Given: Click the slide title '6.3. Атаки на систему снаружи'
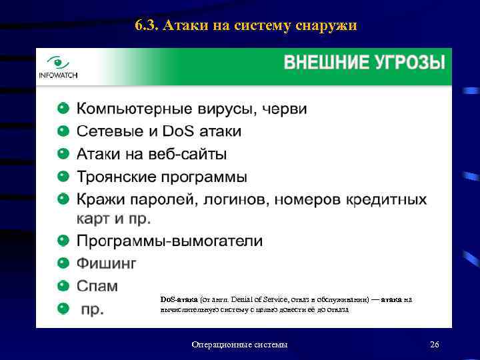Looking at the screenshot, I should (245, 26).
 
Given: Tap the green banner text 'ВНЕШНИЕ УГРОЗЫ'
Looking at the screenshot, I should (365, 63).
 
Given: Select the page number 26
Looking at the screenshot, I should (435, 344).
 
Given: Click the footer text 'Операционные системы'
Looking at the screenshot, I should (239, 344).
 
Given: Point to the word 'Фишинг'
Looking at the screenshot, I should (107, 263).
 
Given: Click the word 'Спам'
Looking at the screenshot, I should (97, 285).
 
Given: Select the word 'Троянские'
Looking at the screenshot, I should (117, 177).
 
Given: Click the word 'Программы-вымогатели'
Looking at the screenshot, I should (169, 241).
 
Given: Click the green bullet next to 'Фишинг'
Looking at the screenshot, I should (63, 263).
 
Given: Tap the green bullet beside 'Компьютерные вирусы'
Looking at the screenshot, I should (63, 108).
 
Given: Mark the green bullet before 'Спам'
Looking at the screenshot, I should (63, 285).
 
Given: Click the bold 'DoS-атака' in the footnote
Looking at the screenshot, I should (175, 299).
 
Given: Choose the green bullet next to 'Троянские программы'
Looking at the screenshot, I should (63, 177).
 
